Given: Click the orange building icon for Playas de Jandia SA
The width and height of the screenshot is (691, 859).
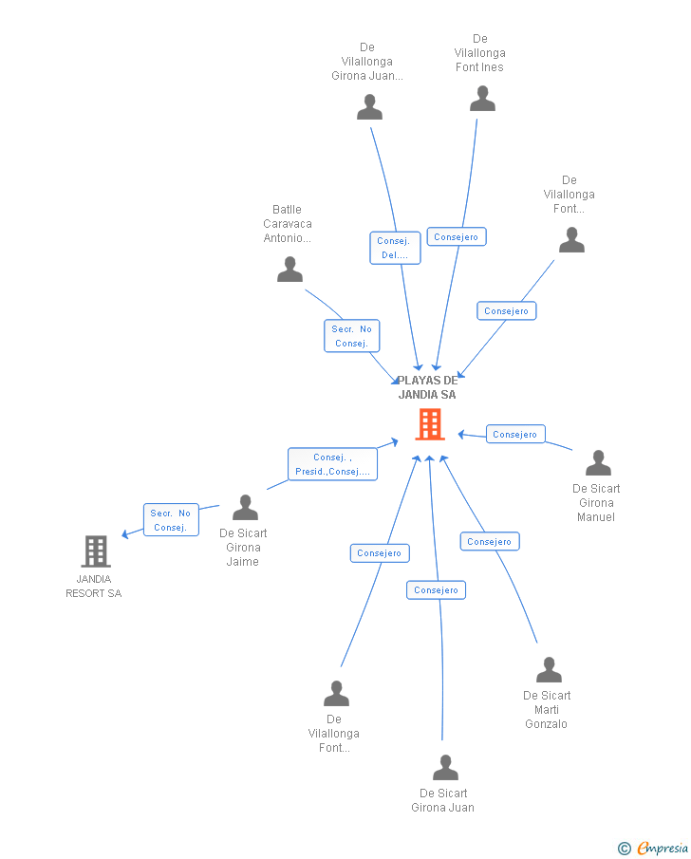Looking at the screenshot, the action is coord(430,424).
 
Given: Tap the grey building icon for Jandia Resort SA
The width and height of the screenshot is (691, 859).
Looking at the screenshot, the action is coord(96,551).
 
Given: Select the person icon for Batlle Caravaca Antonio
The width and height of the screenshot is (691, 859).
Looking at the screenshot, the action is coord(289,269).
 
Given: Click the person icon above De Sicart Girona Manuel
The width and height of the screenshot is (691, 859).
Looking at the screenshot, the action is coord(598,463).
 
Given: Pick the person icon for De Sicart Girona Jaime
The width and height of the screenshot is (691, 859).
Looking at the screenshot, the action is coord(245,507).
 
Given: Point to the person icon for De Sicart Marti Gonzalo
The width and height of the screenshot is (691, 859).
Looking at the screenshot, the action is coord(549,669).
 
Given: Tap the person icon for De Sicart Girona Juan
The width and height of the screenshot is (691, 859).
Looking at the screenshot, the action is coord(445,768).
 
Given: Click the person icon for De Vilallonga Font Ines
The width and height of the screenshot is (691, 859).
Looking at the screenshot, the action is coord(482,99).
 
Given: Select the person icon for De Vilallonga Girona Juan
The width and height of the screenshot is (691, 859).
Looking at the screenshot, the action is coord(369,107).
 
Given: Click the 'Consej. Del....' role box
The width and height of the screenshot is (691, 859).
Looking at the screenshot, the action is coord(395,248).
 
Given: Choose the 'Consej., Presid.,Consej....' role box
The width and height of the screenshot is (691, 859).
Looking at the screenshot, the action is coord(332,464).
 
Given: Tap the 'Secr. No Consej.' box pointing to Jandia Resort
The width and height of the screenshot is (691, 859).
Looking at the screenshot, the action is coord(171,520).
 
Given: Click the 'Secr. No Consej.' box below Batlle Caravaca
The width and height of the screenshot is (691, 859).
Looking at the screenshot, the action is coord(352,336).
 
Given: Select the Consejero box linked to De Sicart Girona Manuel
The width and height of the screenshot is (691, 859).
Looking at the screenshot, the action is coord(515,434).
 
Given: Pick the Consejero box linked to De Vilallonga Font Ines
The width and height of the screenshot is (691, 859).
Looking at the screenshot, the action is coord(457,236).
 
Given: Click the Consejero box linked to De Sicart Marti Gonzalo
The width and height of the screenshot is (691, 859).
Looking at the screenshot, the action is coord(490,541).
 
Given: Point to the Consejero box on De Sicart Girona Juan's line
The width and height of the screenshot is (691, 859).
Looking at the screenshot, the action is coord(437,590).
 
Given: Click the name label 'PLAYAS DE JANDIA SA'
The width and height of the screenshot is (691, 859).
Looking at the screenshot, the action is coord(427,387).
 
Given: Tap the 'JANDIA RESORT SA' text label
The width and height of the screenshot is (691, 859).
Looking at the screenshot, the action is coord(94,587).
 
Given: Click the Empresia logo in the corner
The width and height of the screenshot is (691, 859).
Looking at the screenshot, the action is coord(653,848).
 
